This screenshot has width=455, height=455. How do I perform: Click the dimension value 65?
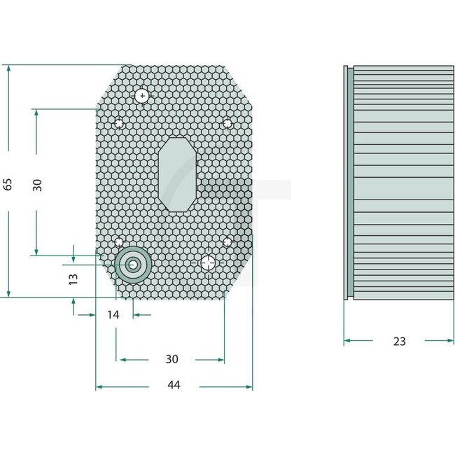(8, 185)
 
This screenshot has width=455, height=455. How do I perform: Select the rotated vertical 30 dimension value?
(38, 185)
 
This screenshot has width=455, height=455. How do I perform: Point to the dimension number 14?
(114, 315)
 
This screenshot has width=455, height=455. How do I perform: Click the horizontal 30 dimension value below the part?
(171, 359)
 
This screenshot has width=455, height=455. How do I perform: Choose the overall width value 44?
(174, 386)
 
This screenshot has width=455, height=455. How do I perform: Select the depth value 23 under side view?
(399, 342)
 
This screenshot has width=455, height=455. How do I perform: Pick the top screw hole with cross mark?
(143, 95)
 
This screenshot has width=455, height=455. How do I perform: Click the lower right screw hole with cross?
(208, 263)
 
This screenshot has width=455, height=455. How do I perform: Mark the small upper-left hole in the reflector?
(120, 124)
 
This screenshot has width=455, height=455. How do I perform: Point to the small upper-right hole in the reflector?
(227, 123)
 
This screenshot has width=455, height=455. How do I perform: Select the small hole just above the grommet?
(120, 243)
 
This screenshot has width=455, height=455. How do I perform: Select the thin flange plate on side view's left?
(348, 182)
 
